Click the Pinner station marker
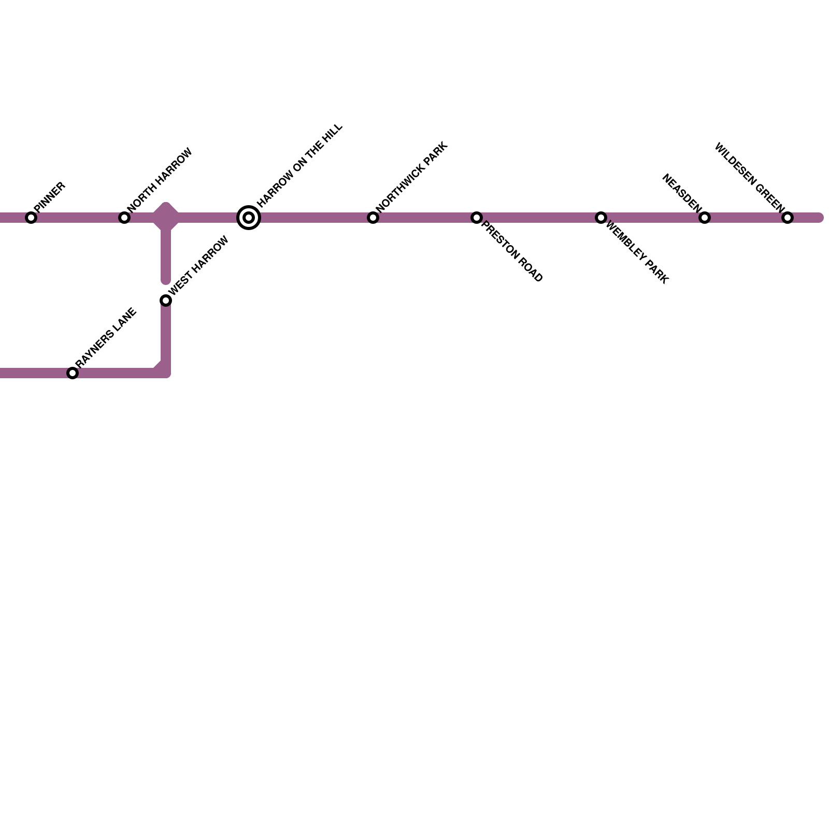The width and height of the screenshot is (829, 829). (31, 218)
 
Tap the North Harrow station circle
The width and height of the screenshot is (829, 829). (124, 218)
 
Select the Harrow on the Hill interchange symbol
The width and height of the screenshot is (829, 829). (249, 218)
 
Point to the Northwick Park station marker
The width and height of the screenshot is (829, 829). (373, 218)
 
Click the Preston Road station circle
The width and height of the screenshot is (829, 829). (477, 218)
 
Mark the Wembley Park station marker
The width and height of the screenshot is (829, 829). (601, 218)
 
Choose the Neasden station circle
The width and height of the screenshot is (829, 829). (705, 218)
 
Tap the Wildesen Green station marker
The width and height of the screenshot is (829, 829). (788, 218)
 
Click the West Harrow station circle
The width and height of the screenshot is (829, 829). (166, 301)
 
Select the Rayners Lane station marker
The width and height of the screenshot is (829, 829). (73, 373)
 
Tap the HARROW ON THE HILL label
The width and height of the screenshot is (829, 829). (300, 165)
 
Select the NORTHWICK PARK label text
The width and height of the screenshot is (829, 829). (412, 177)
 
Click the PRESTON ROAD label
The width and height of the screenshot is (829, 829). (512, 252)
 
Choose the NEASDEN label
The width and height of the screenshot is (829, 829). (681, 193)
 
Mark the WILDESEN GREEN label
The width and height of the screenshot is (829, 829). (749, 177)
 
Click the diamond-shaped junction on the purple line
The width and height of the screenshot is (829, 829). (166, 217)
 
